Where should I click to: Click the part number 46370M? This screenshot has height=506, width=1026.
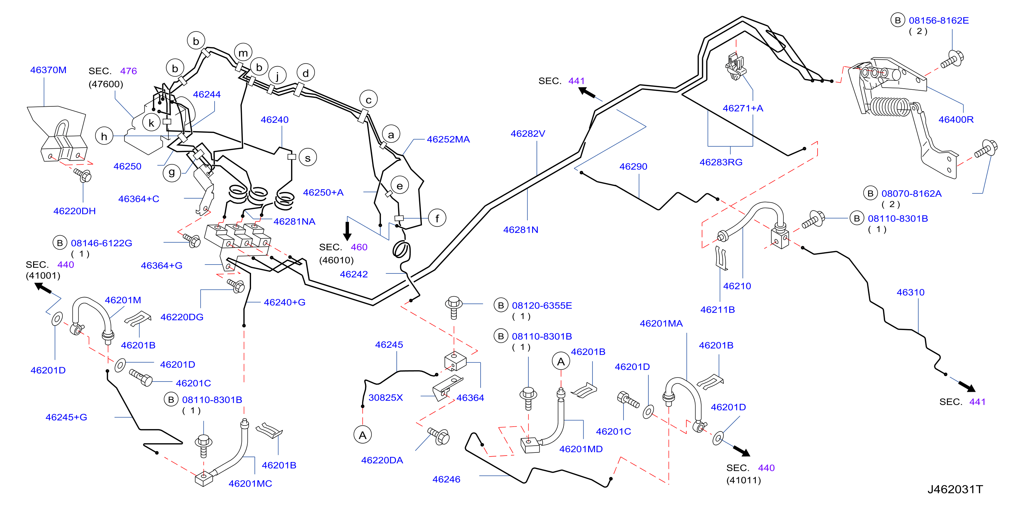coord(48,70)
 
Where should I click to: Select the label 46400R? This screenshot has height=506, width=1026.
coord(956,119)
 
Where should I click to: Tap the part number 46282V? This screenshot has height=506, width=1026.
coord(528,134)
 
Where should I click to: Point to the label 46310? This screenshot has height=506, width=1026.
coord(910,292)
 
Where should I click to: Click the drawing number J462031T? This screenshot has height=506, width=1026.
coord(955,489)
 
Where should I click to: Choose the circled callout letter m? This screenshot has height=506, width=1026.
coord(243,53)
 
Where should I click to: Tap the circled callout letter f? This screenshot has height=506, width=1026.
coord(437,218)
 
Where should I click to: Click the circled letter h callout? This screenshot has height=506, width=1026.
coord(104,136)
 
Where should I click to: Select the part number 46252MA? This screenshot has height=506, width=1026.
coord(448,139)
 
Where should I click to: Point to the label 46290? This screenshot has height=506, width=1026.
coord(633,166)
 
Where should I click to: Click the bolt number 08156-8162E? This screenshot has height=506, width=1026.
coord(939,20)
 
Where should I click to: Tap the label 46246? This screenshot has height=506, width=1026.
coord(446,479)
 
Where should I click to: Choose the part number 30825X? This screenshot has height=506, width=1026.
coord(385,397)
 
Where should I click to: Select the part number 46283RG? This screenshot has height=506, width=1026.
coord(721,162)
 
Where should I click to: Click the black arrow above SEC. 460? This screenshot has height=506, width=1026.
coord(347,231)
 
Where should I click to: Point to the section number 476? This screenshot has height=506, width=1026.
coord(128,71)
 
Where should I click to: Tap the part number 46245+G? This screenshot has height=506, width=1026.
coord(66,417)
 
